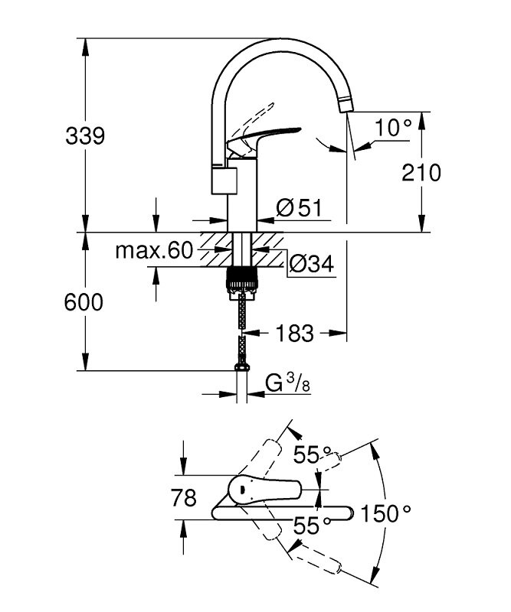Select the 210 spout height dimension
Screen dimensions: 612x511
[421, 173]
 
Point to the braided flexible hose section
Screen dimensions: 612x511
[241, 314]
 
